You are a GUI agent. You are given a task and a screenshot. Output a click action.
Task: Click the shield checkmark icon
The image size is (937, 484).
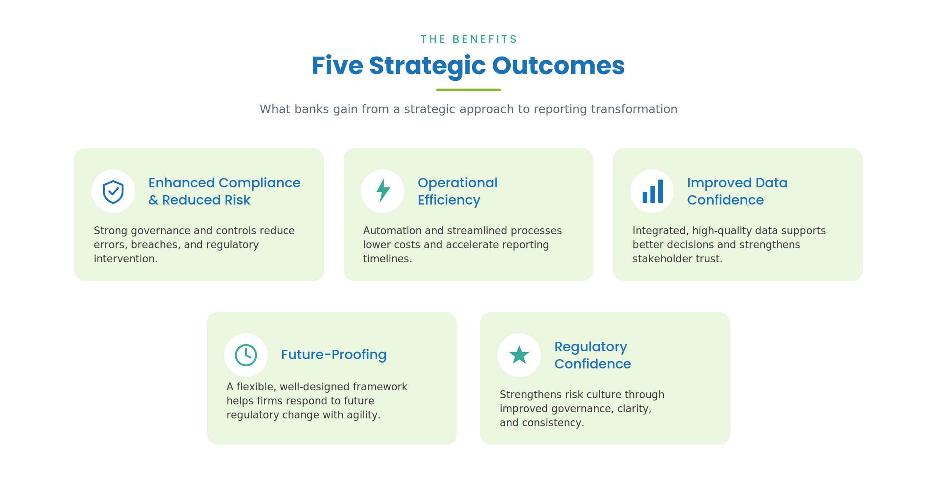(113, 192)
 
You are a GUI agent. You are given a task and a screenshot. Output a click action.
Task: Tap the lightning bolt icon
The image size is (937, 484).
(383, 191)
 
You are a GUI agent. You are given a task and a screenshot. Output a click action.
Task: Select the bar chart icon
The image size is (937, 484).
(653, 191)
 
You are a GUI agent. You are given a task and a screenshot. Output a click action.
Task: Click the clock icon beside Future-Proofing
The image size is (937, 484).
(246, 355)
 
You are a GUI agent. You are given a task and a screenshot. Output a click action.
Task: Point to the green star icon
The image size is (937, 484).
(519, 355)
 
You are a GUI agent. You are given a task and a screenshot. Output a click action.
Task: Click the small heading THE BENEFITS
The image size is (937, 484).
(468, 39)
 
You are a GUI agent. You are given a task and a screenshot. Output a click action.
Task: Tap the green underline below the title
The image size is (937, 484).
(468, 90)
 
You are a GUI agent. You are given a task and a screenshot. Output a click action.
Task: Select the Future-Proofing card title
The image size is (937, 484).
(334, 355)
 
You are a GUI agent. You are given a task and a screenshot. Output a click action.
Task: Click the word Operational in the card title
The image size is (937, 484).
(458, 183)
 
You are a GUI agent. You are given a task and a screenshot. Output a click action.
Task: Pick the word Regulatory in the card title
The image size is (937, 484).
(591, 347)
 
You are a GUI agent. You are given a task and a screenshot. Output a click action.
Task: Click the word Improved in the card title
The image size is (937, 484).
(719, 183)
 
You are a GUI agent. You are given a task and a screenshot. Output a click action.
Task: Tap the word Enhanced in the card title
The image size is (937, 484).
(182, 183)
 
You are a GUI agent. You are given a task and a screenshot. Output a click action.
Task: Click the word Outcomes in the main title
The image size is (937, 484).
(558, 65)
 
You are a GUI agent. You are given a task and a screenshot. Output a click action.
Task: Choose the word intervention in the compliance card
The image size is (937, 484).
(125, 259)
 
